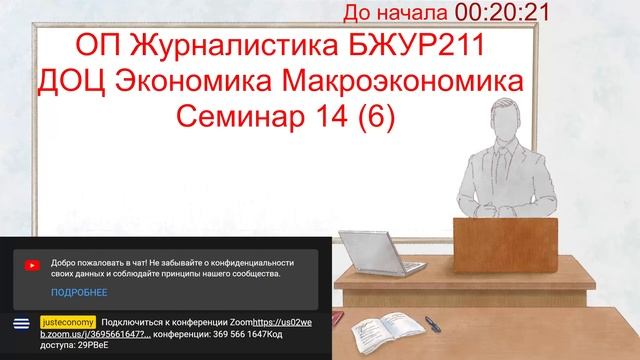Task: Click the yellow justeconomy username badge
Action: (68, 322)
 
